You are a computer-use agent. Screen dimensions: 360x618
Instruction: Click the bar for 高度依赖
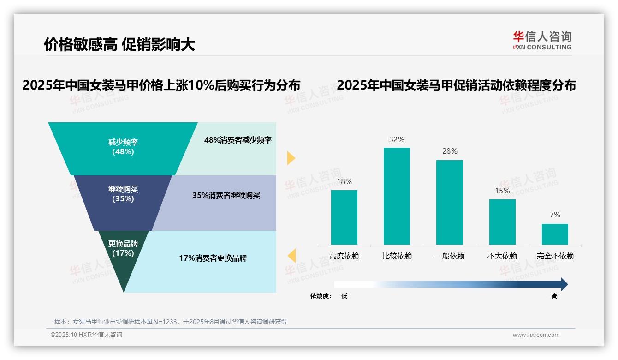pos(344,217)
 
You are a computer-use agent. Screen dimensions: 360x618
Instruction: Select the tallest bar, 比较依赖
pos(397,196)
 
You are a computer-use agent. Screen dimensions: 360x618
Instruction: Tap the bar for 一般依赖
pos(449,202)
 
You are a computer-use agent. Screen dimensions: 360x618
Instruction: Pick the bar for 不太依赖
pos(502,222)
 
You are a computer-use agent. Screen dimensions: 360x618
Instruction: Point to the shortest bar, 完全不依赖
pos(555,234)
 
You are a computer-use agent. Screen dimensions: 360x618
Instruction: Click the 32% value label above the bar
pos(397,139)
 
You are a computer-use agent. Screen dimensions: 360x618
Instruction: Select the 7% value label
pos(555,215)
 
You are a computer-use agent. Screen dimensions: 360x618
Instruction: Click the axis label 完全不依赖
pos(555,256)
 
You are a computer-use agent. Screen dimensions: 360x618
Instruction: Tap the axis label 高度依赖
pos(344,256)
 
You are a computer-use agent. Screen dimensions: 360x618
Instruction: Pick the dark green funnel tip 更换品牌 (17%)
pos(123,258)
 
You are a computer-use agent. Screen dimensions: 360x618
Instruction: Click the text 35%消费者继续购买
pos(226,195)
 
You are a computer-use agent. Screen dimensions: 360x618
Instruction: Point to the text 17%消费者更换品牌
pos(213,258)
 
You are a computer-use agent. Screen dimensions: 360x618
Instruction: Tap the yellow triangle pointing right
pos(291,158)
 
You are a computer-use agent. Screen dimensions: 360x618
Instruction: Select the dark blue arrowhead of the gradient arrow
pos(564,284)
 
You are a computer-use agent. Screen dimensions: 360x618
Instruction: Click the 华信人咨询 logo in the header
pos(542,40)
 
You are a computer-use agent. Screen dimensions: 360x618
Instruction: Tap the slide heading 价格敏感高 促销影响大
pos(119,44)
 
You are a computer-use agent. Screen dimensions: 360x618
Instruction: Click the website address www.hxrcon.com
pos(536,335)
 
